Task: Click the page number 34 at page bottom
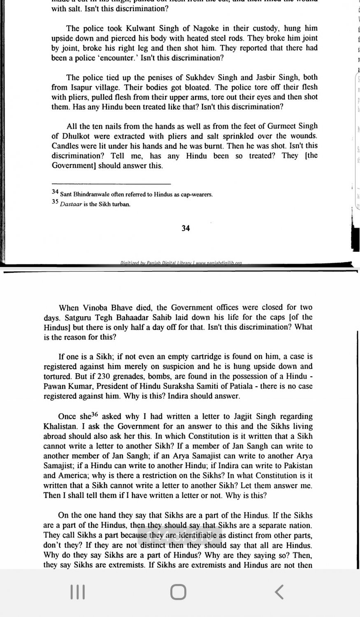tap(186, 228)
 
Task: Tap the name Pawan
tap(55, 386)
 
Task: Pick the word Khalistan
tap(60, 426)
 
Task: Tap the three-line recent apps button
tap(77, 592)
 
